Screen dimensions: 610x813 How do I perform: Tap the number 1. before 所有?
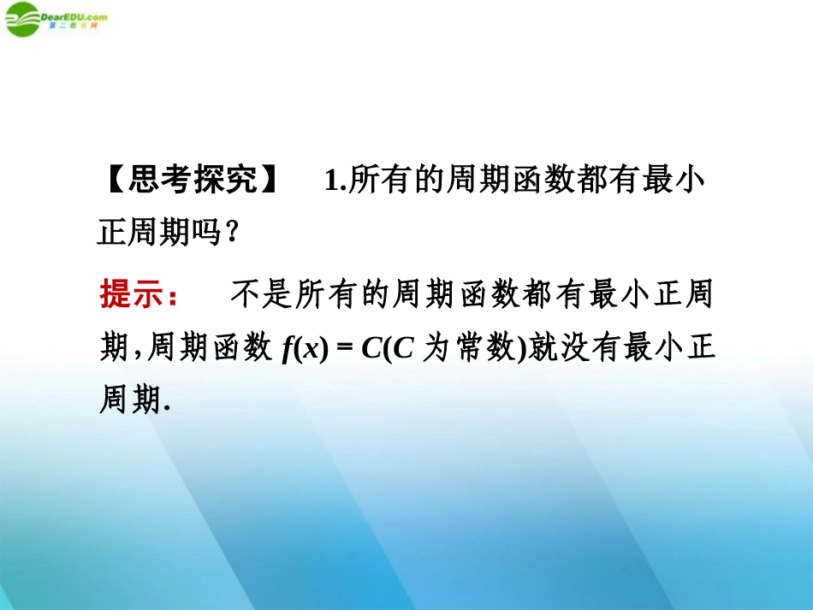pyautogui.click(x=335, y=183)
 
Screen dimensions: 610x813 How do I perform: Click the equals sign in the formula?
pyautogui.click(x=346, y=349)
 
